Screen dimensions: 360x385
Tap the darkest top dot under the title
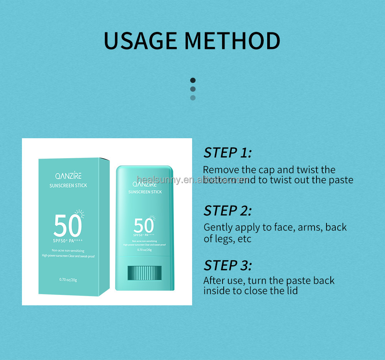[x=193, y=80]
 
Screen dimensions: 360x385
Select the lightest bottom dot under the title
[x=193, y=98]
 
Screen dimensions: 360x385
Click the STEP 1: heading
[x=227, y=153]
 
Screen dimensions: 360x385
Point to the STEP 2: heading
[x=227, y=211]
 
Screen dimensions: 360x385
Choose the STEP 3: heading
[x=227, y=265]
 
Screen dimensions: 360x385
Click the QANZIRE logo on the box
[x=68, y=176]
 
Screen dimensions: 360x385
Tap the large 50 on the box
[x=68, y=226]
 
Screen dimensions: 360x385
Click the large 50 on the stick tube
[x=144, y=226]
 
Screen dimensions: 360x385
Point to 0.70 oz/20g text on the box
[x=68, y=280]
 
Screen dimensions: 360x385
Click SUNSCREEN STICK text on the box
[x=68, y=186]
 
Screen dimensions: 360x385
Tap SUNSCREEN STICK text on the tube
[x=145, y=192]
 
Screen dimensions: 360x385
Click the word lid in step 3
[x=292, y=290]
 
